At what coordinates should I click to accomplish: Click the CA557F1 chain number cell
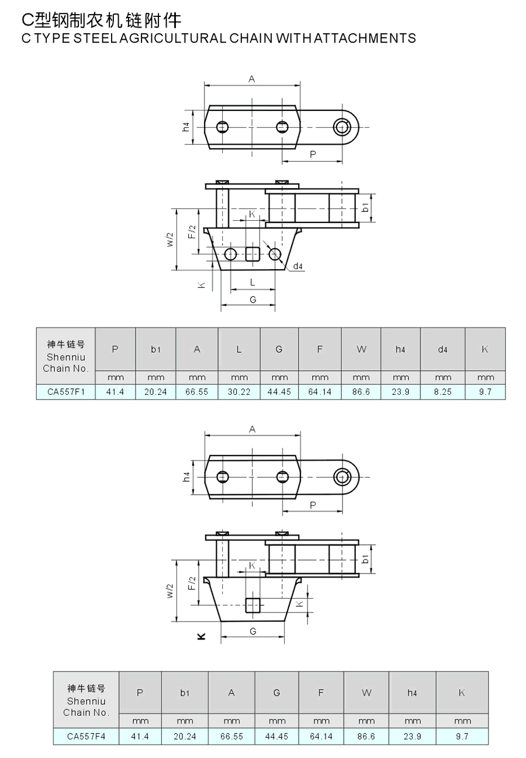pos(65,392)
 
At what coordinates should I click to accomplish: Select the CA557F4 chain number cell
pos(86,736)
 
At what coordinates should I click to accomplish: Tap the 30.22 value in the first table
pos(239,392)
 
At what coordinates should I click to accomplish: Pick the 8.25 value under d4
pos(442,392)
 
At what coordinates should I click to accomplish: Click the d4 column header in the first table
pos(442,349)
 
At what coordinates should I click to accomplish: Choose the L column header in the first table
pos(239,349)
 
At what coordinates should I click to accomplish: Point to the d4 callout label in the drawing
pos(297,266)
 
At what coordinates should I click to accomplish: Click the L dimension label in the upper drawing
pos(252,282)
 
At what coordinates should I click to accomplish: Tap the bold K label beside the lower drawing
pos(201,636)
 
